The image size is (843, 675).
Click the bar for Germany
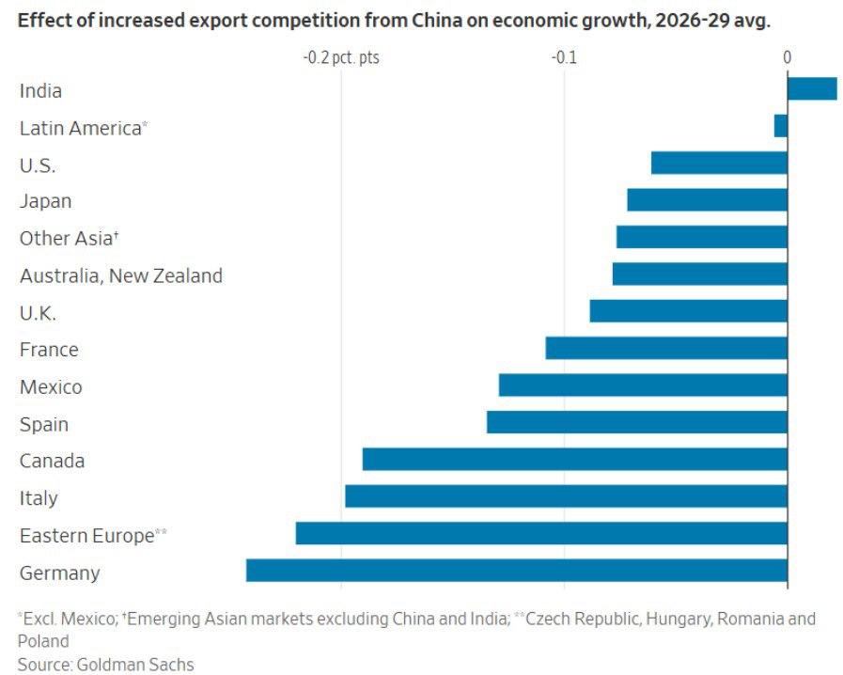(516, 571)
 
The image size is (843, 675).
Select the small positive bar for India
(811, 88)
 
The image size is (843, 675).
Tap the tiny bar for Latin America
(780, 126)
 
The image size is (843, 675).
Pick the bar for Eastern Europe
(540, 534)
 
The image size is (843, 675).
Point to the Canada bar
(574, 460)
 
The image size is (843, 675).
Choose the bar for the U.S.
(718, 163)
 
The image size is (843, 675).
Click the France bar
(665, 349)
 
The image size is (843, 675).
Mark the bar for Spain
(636, 422)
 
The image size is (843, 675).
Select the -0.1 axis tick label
(564, 58)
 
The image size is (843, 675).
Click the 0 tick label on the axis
(787, 58)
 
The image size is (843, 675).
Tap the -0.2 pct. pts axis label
(341, 58)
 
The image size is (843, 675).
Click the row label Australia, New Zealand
(121, 275)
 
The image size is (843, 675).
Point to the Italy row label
(39, 498)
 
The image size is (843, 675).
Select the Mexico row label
(51, 386)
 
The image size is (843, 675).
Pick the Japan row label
(45, 201)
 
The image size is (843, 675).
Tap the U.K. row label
(38, 313)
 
